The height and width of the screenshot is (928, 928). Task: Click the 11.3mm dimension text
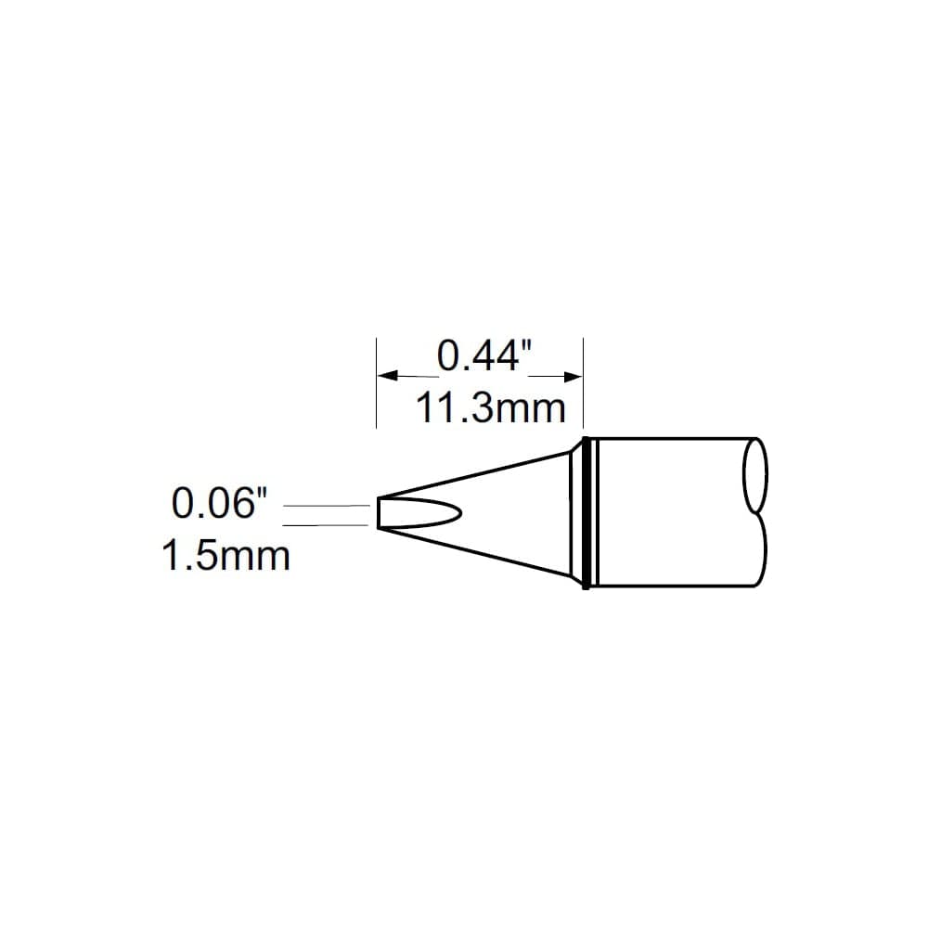point(491,407)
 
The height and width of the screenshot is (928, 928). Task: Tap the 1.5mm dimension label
point(226,556)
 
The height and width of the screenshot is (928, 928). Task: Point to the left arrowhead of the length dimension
point(388,375)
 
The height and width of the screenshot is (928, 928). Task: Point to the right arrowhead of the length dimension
point(573,377)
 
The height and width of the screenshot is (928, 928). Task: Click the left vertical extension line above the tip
point(377,382)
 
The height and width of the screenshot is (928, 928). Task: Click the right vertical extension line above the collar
point(584,382)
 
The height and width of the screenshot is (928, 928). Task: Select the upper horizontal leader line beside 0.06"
point(327,506)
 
